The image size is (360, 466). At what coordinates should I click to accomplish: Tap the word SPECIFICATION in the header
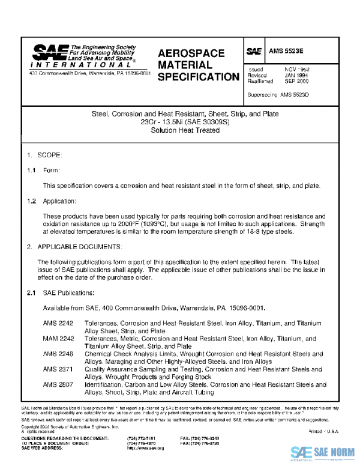(199, 77)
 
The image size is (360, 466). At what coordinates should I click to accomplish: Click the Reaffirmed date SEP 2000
(296, 81)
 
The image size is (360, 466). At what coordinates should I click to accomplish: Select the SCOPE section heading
(49, 156)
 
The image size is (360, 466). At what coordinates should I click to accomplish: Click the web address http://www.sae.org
(146, 448)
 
